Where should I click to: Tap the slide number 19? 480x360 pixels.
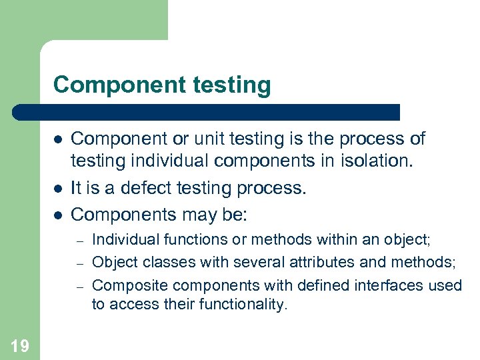pos(20,345)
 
